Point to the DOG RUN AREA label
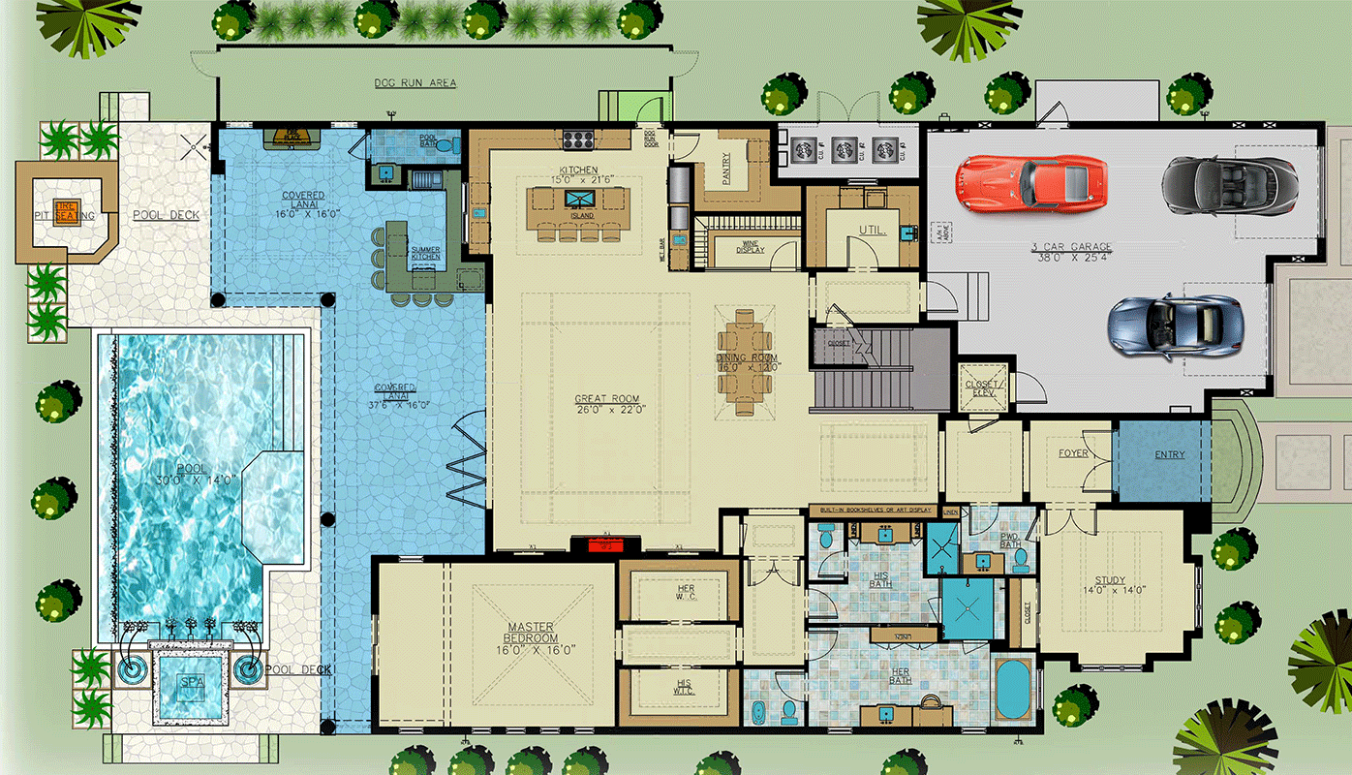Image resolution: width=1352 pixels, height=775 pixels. click(415, 83)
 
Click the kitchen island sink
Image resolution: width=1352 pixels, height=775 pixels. click(580, 199)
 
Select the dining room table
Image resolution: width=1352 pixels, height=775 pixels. click(745, 360)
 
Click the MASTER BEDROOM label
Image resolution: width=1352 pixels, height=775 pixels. click(532, 633)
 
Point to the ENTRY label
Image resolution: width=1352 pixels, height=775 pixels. click(1169, 454)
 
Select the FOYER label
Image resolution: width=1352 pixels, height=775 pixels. click(1072, 453)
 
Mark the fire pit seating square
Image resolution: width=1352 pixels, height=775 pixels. click(66, 211)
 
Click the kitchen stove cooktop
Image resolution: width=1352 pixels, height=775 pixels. click(579, 139)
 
